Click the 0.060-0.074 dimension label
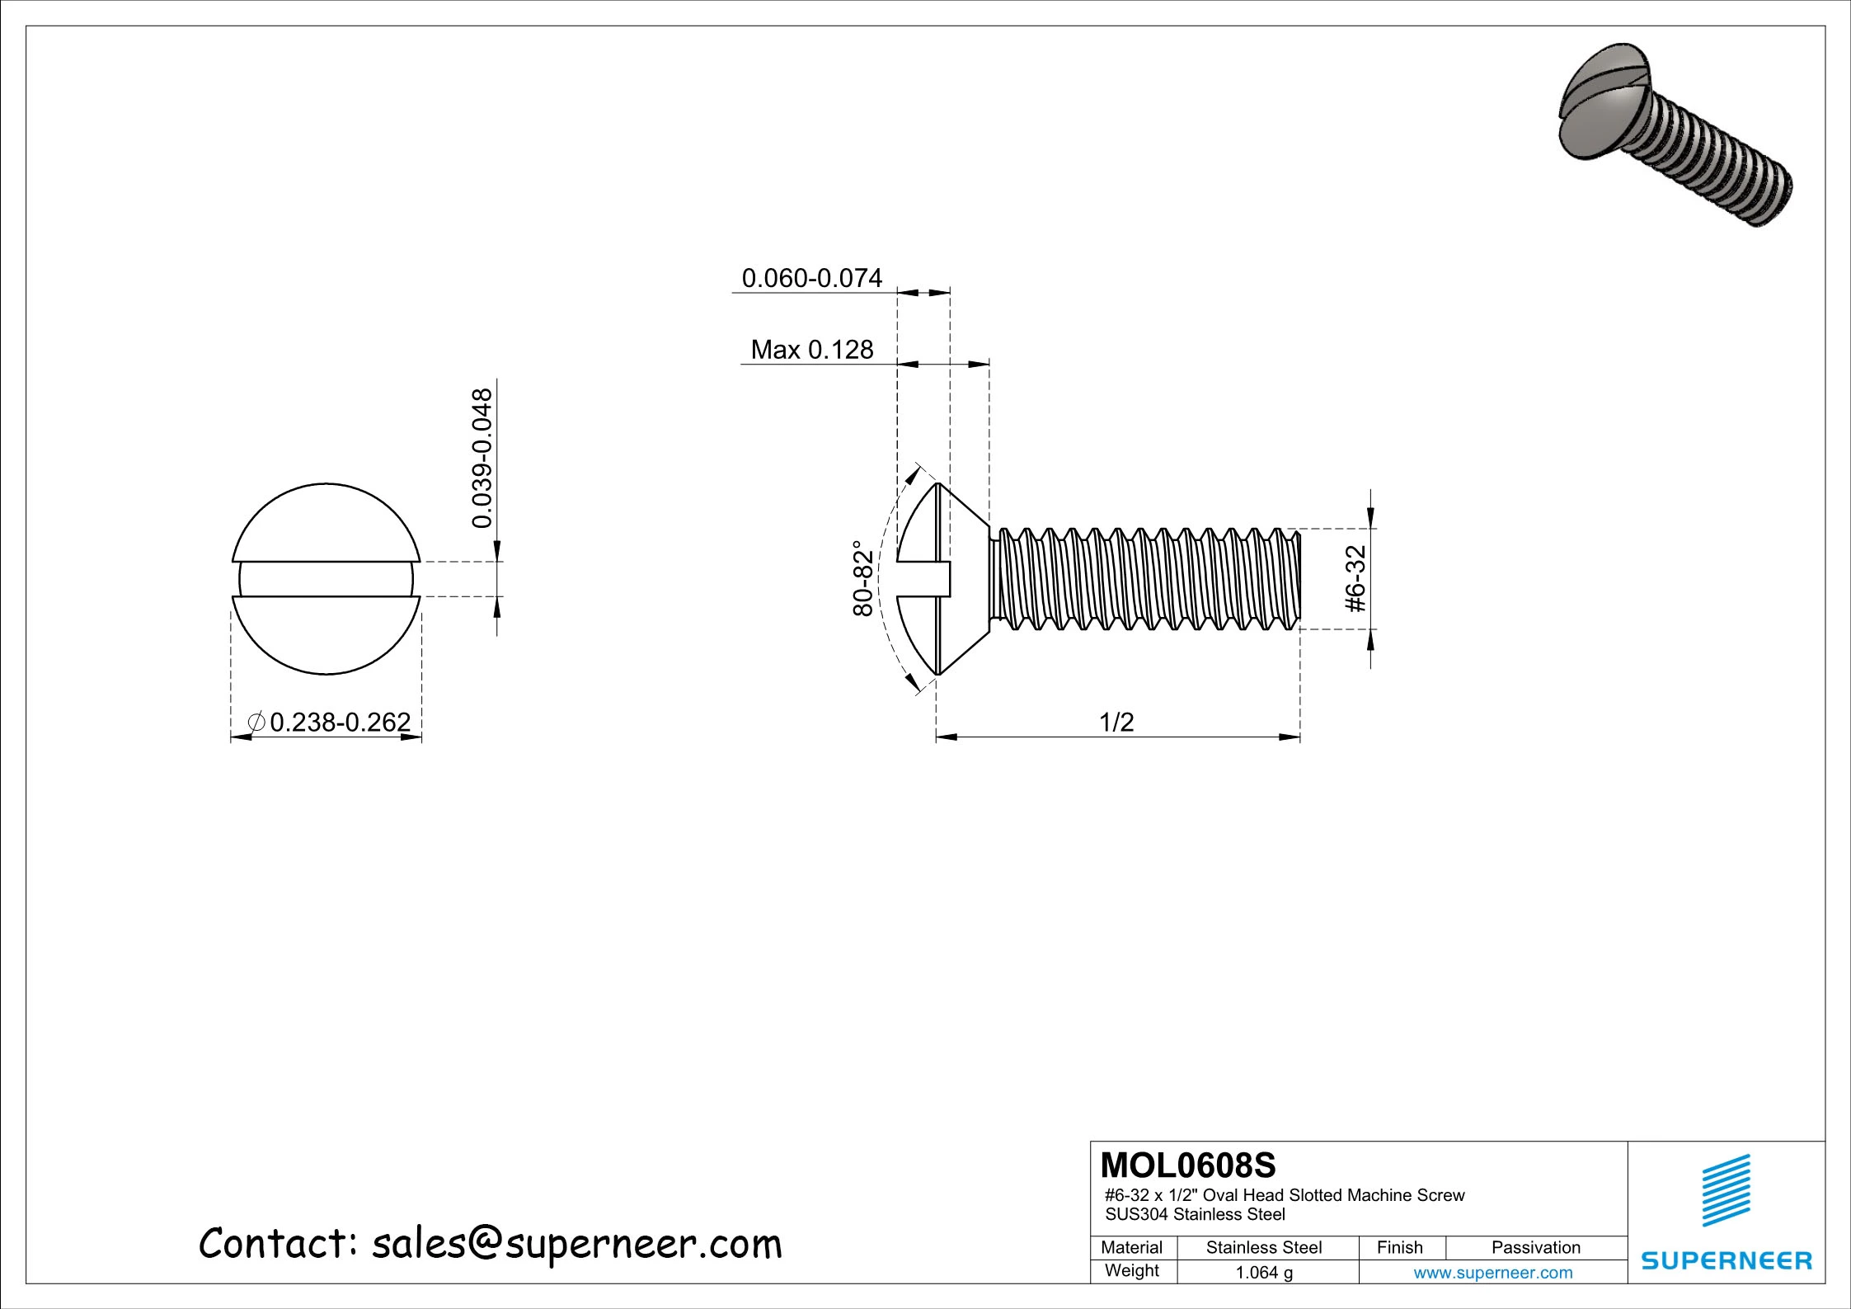[x=811, y=278]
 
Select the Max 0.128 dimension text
[x=811, y=350]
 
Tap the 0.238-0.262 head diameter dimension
[x=339, y=722]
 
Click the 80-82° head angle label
[x=862, y=578]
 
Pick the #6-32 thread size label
[x=1356, y=578]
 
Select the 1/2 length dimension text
[x=1116, y=722]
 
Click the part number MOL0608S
[x=1188, y=1165]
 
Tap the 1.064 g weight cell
[x=1264, y=1272]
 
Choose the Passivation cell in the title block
[x=1535, y=1247]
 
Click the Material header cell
[x=1132, y=1247]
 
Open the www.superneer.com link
[x=1492, y=1272]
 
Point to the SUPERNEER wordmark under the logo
[x=1727, y=1260]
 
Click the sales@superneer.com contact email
[x=576, y=1243]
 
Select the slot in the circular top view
[x=327, y=579]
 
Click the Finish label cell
[x=1400, y=1247]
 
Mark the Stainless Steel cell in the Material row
[x=1264, y=1247]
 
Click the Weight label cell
[x=1132, y=1270]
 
